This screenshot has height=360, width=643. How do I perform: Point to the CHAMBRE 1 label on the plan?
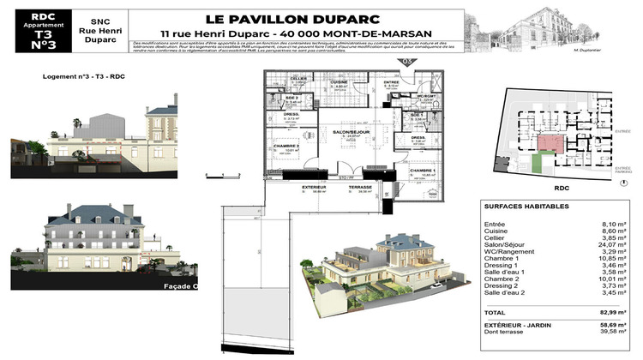pos(422,171)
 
